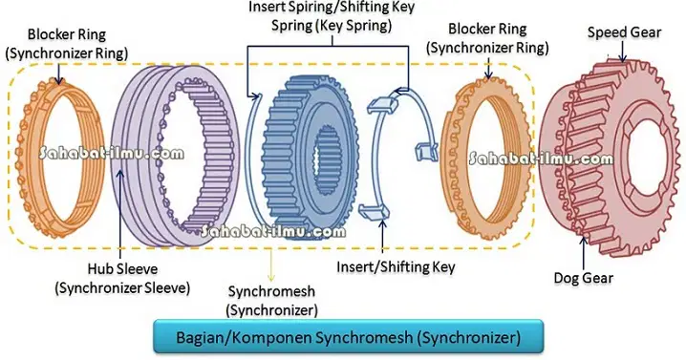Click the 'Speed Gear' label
(x=624, y=32)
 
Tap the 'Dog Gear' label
(x=583, y=278)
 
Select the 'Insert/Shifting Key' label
(x=396, y=266)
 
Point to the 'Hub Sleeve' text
(x=122, y=268)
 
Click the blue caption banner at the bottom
(x=348, y=337)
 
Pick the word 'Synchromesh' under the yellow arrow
(x=271, y=291)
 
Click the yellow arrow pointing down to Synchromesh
(x=271, y=265)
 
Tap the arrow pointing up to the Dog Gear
(x=584, y=253)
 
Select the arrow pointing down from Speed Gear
(x=623, y=52)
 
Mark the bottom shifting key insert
(x=375, y=211)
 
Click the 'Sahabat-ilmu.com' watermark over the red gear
(x=541, y=158)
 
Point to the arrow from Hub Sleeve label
(x=120, y=214)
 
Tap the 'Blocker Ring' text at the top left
(x=67, y=34)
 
